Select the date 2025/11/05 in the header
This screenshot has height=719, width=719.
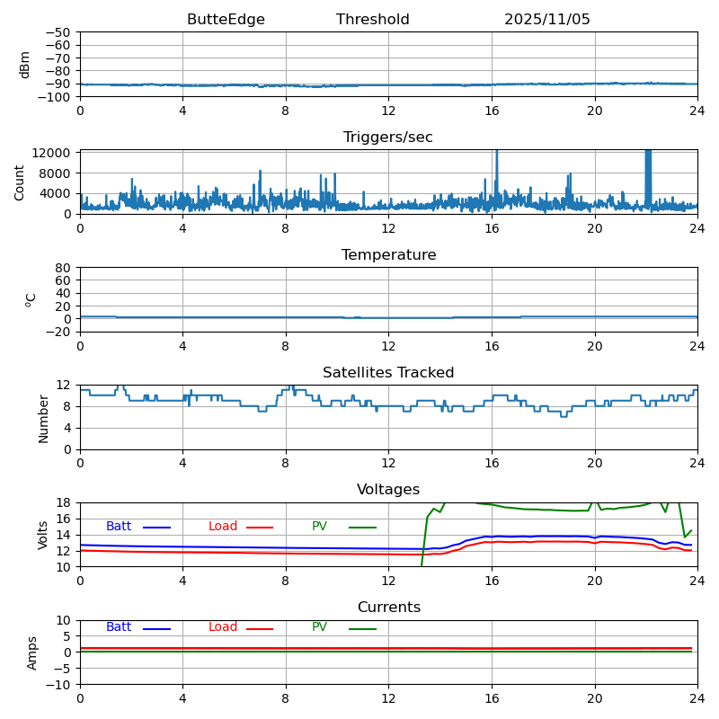tap(546, 20)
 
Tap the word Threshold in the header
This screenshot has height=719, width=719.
tap(372, 20)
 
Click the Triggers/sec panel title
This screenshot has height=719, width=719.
tap(388, 138)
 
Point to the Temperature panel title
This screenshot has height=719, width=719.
tap(388, 255)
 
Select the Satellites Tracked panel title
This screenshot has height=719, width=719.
tap(388, 373)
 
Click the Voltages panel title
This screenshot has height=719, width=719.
tap(388, 490)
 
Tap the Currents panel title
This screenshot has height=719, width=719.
tap(388, 608)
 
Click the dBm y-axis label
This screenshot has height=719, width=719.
tap(25, 64)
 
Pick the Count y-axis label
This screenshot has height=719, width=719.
tap(20, 182)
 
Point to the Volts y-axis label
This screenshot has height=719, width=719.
tap(43, 535)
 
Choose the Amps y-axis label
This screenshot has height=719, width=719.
tap(32, 652)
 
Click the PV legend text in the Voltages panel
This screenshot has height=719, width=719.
tap(319, 527)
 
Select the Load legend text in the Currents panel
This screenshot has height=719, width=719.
tap(223, 627)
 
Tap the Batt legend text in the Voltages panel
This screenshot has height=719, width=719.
tap(119, 527)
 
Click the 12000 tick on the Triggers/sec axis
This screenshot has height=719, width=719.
tap(52, 154)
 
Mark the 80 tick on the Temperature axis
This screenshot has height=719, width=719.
tap(63, 268)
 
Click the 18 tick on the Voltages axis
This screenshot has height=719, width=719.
tap(63, 502)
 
